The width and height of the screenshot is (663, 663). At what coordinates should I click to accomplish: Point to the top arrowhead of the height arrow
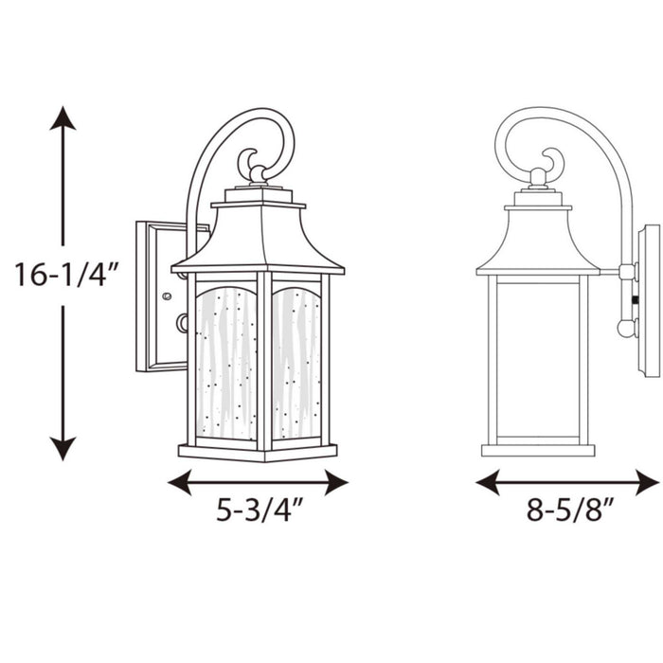click(63, 118)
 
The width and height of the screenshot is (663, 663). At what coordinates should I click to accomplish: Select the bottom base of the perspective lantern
click(258, 450)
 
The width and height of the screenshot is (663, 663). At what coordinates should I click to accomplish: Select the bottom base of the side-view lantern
click(538, 449)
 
